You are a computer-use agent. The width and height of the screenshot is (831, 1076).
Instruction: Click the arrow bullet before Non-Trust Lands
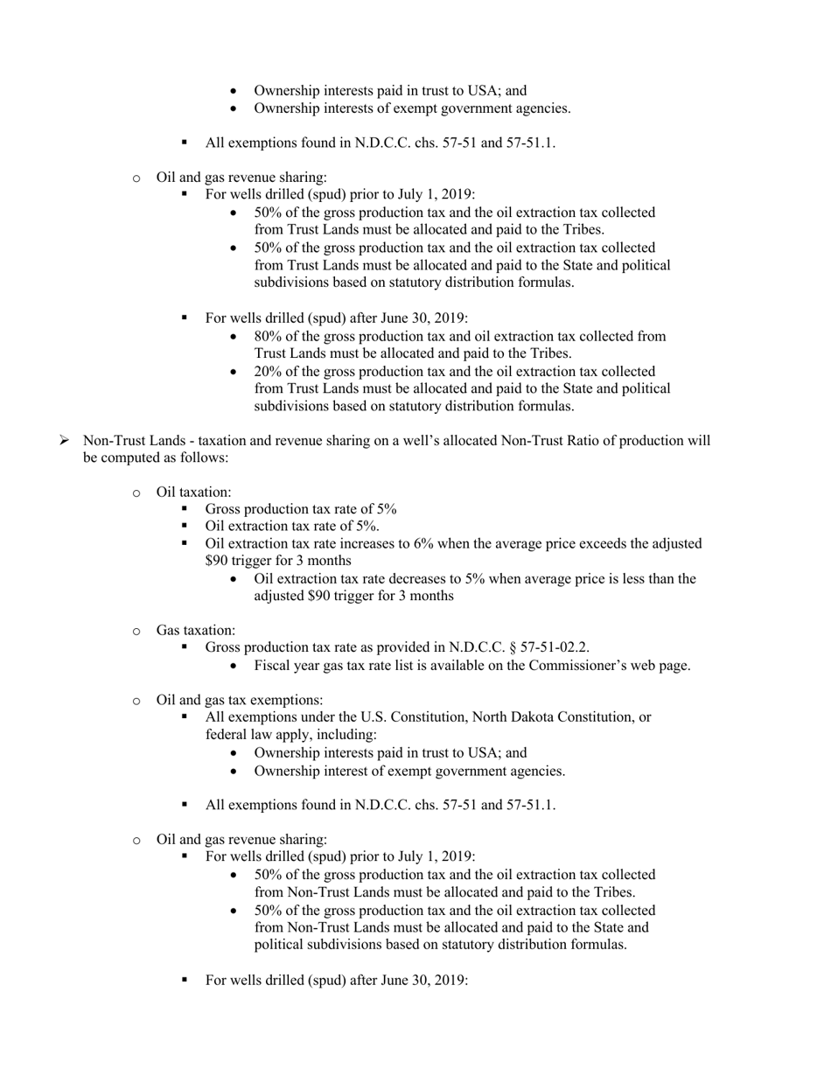pos(65,440)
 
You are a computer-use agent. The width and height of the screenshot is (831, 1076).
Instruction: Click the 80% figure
pos(268,336)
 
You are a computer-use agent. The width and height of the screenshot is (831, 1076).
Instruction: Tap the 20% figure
pos(268,371)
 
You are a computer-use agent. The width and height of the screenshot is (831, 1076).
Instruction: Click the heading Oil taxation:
pos(193,492)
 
